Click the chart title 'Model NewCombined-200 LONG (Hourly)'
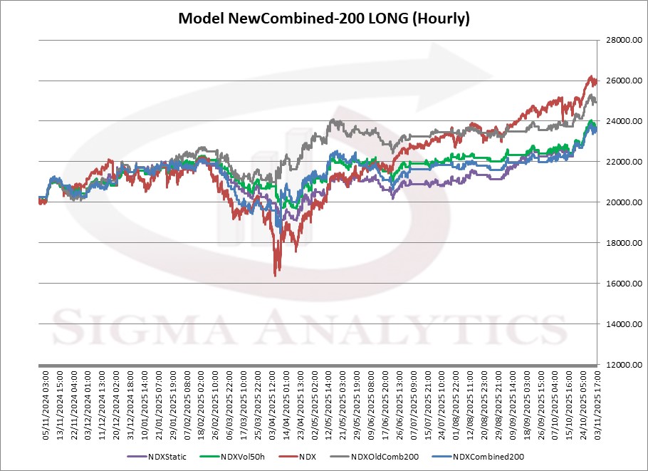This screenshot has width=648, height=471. pyautogui.click(x=323, y=19)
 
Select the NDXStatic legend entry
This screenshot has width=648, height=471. pyautogui.click(x=167, y=456)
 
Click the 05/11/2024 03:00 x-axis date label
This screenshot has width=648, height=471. pyautogui.click(x=43, y=399)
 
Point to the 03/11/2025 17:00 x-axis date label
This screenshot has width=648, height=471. pyautogui.click(x=595, y=399)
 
